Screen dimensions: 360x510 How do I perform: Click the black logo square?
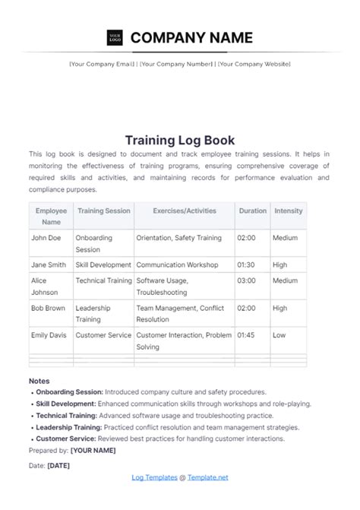point(115,36)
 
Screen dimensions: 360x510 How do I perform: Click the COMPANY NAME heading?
point(191,36)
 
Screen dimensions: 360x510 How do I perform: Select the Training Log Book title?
point(179,140)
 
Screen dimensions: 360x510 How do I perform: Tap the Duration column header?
point(252,211)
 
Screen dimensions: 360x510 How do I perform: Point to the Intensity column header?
point(288,211)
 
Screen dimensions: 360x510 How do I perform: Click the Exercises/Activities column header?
point(184,211)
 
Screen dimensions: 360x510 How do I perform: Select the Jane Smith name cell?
point(49,265)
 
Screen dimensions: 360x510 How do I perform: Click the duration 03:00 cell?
point(246,280)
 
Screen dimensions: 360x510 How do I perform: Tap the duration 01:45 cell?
point(246,334)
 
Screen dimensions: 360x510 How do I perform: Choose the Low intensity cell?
point(279,334)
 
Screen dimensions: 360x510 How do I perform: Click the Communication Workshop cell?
point(177,265)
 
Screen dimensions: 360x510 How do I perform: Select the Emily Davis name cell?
point(50,334)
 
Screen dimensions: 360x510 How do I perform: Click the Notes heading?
point(39,381)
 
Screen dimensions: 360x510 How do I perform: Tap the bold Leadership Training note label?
point(68,428)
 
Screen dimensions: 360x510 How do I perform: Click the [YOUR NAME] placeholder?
point(93,450)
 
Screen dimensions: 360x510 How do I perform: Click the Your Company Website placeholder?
point(254,64)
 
